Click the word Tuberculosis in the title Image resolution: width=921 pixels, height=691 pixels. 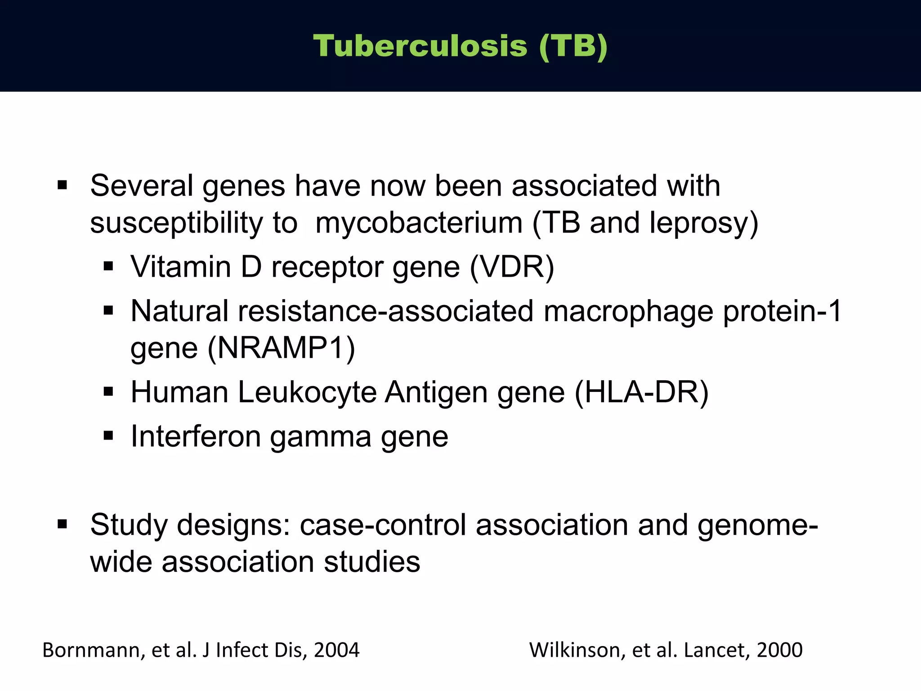(x=420, y=46)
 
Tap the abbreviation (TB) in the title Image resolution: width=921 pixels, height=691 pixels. (x=573, y=46)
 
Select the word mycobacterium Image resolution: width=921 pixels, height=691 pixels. (x=418, y=223)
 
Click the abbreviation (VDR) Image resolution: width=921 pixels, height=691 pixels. (x=512, y=267)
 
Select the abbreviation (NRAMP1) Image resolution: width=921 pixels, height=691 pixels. (x=281, y=348)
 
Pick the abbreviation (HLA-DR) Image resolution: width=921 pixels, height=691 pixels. (x=642, y=392)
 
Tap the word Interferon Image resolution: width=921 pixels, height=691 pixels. (x=196, y=436)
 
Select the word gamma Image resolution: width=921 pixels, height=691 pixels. (x=321, y=436)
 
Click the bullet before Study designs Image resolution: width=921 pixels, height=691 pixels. (x=63, y=524)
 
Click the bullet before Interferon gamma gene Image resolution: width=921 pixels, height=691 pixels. (x=108, y=435)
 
